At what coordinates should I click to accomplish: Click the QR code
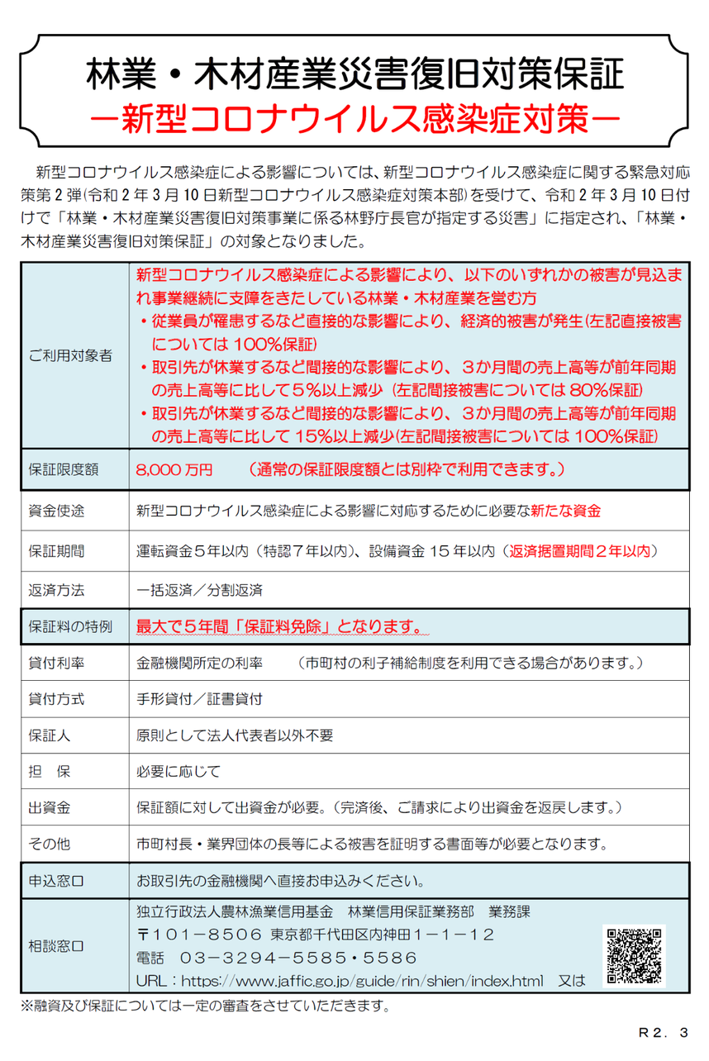[x=635, y=955]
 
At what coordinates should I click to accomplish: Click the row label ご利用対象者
[x=71, y=356]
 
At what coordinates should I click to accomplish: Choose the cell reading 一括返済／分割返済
[x=200, y=590]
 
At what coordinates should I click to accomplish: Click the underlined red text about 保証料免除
[x=279, y=626]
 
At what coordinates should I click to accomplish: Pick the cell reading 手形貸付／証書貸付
[x=200, y=699]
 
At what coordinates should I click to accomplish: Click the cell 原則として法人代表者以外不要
[x=235, y=735]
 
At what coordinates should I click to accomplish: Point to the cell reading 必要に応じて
[x=178, y=772]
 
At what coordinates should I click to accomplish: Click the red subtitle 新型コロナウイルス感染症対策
[x=355, y=117]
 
